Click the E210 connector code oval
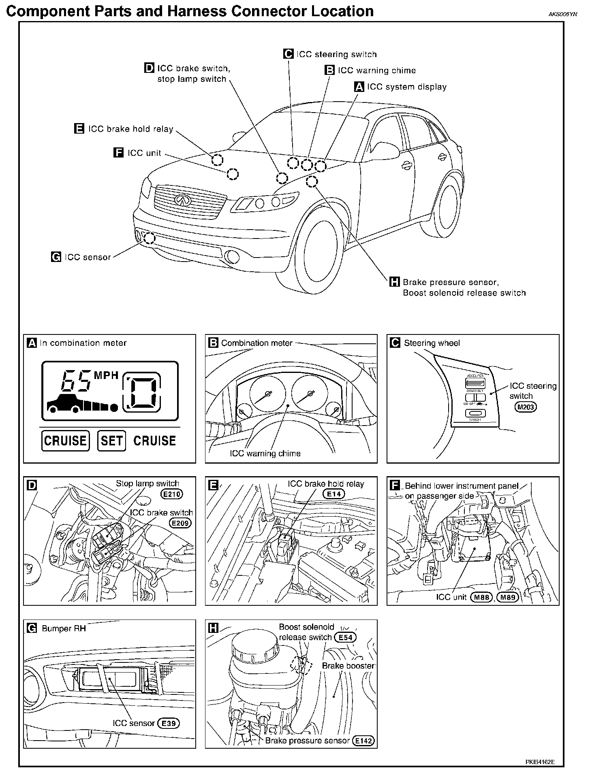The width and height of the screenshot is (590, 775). click(172, 494)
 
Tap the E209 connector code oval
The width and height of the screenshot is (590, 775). click(180, 523)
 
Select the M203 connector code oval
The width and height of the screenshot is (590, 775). click(525, 407)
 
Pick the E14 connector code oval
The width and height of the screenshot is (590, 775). click(334, 494)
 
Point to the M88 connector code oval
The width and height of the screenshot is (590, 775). click(481, 597)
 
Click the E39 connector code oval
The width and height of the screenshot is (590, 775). click(168, 723)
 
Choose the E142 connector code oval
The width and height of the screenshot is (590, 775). click(363, 741)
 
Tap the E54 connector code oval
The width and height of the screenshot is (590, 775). click(345, 637)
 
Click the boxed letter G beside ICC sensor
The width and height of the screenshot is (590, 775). click(56, 257)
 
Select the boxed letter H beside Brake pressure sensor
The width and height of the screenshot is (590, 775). click(394, 282)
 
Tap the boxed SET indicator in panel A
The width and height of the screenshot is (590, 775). click(111, 441)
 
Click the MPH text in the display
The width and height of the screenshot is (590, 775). click(106, 375)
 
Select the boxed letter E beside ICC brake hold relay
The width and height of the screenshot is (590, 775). click(79, 128)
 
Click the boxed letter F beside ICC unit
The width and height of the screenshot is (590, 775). click(118, 153)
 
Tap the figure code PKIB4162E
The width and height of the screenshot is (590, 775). click(540, 762)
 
